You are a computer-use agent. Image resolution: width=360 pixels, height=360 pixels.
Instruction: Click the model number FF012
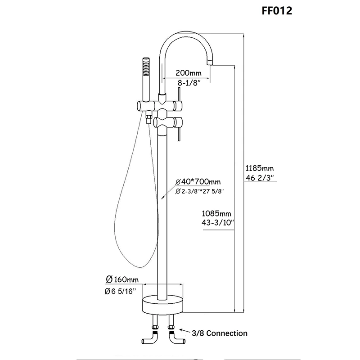pyautogui.click(x=277, y=10)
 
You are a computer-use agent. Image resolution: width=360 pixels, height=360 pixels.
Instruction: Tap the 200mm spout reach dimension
pyautogui.click(x=188, y=73)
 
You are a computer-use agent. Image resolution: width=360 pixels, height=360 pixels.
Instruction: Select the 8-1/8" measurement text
pyautogui.click(x=188, y=83)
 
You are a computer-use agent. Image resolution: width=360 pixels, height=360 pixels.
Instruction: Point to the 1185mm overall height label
pyautogui.click(x=260, y=168)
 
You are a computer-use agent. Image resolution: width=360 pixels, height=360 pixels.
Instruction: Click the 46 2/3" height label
pyautogui.click(x=260, y=178)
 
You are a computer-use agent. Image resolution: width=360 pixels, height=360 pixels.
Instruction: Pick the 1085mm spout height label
pyautogui.click(x=216, y=213)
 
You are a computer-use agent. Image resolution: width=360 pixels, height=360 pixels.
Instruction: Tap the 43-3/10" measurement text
pyautogui.click(x=218, y=222)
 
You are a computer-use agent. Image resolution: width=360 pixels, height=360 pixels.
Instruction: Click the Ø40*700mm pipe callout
pyautogui.click(x=198, y=182)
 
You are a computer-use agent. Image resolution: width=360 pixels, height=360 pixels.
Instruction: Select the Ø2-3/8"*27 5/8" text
pyautogui.click(x=199, y=191)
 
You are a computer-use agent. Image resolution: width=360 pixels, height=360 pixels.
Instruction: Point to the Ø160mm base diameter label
pyautogui.click(x=122, y=279)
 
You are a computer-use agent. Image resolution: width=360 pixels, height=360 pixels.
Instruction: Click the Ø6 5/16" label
pyautogui.click(x=120, y=291)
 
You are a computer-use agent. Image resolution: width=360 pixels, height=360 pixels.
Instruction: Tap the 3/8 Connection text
pyautogui.click(x=220, y=333)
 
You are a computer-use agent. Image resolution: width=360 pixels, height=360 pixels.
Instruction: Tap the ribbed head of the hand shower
pyautogui.click(x=146, y=67)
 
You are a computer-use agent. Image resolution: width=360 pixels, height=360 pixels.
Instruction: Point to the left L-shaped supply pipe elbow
pyautogui.click(x=149, y=339)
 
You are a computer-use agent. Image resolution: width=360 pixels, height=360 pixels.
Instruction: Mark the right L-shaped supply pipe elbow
pyautogui.click(x=176, y=339)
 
